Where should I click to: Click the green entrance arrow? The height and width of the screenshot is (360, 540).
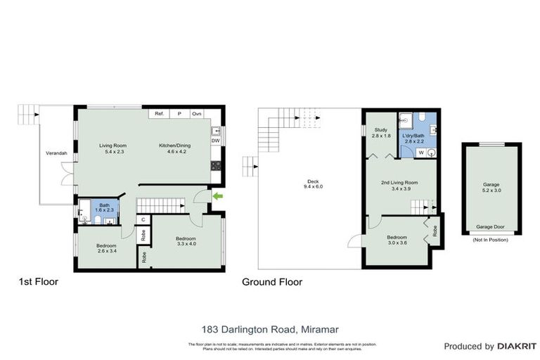click(x=217, y=196)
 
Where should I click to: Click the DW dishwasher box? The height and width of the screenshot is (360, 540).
click(x=215, y=141)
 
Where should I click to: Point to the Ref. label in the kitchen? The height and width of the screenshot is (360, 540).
click(x=160, y=113)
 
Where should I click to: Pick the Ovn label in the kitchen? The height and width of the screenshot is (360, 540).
click(x=197, y=113)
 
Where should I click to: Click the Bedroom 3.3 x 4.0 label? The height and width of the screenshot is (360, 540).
click(x=186, y=242)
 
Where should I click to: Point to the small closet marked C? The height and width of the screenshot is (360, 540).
click(x=143, y=219)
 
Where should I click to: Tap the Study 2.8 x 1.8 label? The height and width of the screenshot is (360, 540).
click(x=381, y=133)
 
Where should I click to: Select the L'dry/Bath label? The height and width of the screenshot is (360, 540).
click(x=415, y=139)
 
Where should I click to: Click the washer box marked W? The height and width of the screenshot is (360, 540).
click(x=420, y=152)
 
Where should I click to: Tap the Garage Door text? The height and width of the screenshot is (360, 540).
click(x=491, y=227)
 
